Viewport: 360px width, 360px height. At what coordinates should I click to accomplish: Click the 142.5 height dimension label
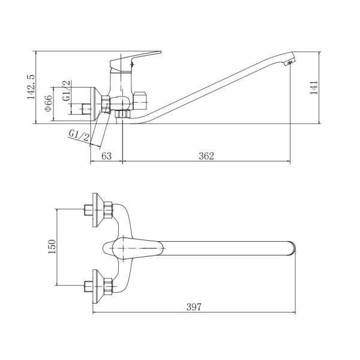point(31,87)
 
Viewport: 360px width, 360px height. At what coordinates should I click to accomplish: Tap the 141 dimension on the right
point(314,88)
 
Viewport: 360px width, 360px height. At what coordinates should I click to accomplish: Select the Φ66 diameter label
point(49,104)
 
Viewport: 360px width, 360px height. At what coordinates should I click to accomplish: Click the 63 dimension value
point(107,156)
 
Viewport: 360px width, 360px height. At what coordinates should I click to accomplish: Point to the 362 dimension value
point(206,156)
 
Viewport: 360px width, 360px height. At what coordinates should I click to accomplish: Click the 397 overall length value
point(194,307)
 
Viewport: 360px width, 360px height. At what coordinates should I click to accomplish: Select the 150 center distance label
point(52,247)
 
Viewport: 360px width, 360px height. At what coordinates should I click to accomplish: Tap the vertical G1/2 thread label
point(67,91)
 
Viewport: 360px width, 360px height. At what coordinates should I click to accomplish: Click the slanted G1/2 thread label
point(79,136)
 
